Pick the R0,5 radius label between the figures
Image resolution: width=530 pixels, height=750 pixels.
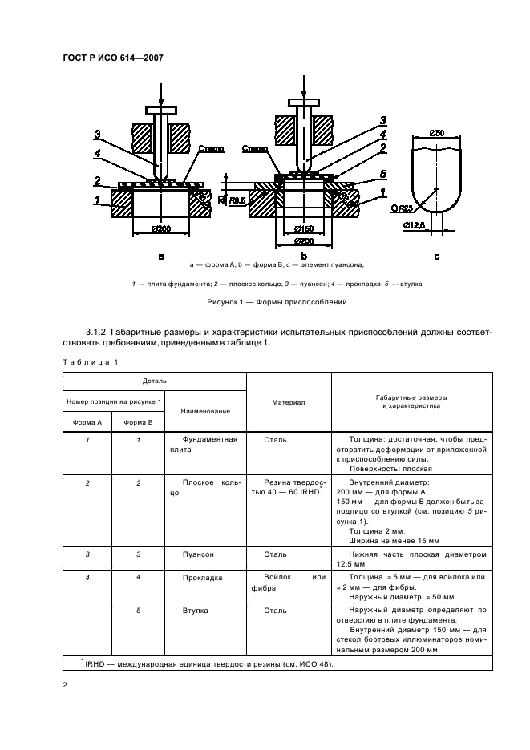[237, 202]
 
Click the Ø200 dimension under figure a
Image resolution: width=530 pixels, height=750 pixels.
[161, 229]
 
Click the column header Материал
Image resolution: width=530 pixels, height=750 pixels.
[288, 403]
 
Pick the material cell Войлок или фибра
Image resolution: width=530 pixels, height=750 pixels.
[288, 582]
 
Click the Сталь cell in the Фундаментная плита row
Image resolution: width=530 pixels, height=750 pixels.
[275, 440]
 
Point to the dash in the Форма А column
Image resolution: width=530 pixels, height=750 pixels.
[88, 611]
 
